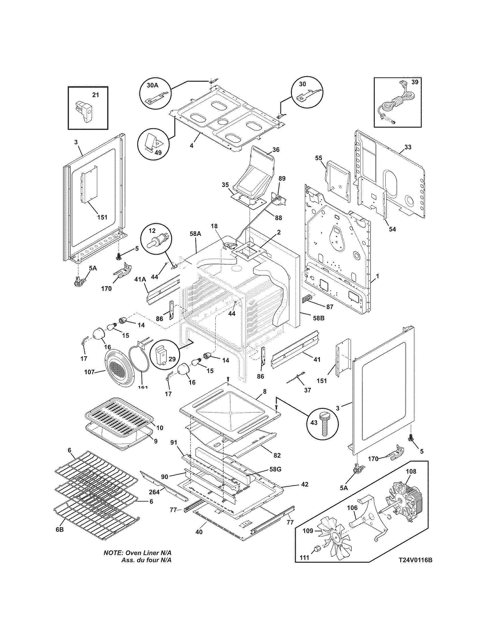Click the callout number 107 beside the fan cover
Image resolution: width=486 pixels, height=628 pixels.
coord(89,372)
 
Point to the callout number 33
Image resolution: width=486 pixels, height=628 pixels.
coord(407,147)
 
